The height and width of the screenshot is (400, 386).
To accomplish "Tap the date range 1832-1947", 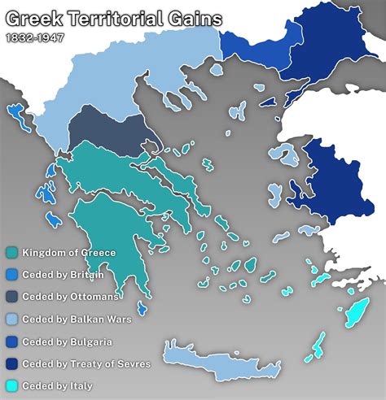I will pyautogui.click(x=34, y=37).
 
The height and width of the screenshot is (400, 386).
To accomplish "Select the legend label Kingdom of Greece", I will pyautogui.click(x=68, y=253).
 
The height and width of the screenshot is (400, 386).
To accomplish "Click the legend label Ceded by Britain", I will pyautogui.click(x=62, y=275).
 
